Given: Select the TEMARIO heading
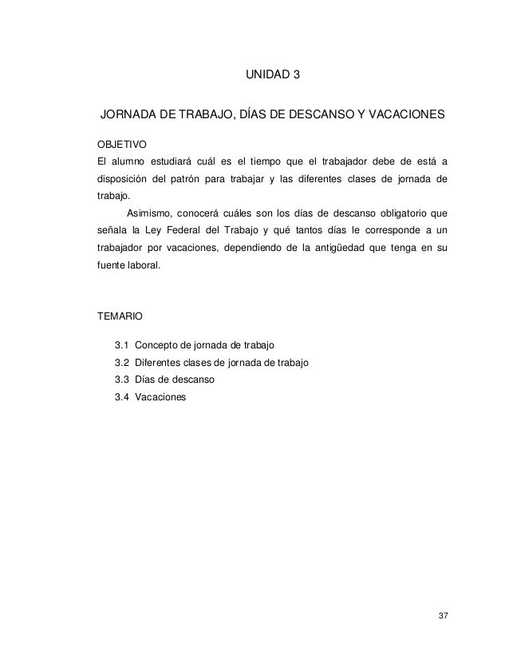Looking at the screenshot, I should [x=120, y=316].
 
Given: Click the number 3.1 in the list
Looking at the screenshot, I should [x=122, y=346].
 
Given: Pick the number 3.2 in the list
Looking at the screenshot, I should [x=122, y=363].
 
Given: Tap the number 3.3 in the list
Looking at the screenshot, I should [x=122, y=380].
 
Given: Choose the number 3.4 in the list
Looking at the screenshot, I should [x=122, y=396].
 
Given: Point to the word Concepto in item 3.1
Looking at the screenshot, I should [x=157, y=346].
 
